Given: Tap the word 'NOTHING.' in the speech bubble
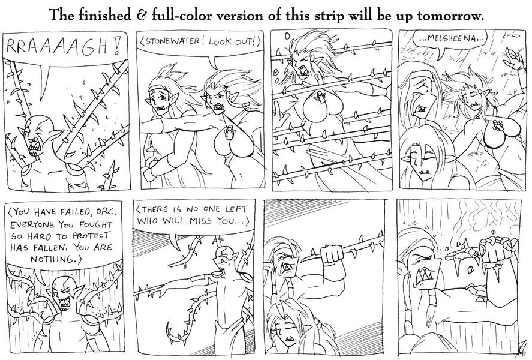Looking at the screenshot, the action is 55,259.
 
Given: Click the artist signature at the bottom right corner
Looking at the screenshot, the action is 518,350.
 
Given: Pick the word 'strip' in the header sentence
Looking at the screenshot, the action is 327,16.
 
